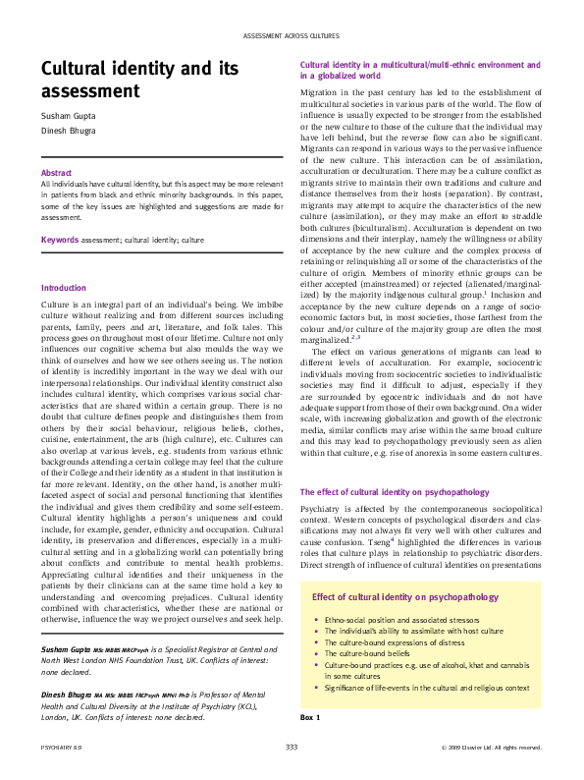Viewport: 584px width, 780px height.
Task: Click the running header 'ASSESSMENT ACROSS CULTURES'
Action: click(x=292, y=36)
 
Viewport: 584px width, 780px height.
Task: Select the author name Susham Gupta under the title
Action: click(x=66, y=116)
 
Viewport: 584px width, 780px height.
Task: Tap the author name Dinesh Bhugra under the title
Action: click(x=67, y=131)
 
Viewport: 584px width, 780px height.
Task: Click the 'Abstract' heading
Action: click(x=57, y=171)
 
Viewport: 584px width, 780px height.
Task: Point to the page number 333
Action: click(x=292, y=748)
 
